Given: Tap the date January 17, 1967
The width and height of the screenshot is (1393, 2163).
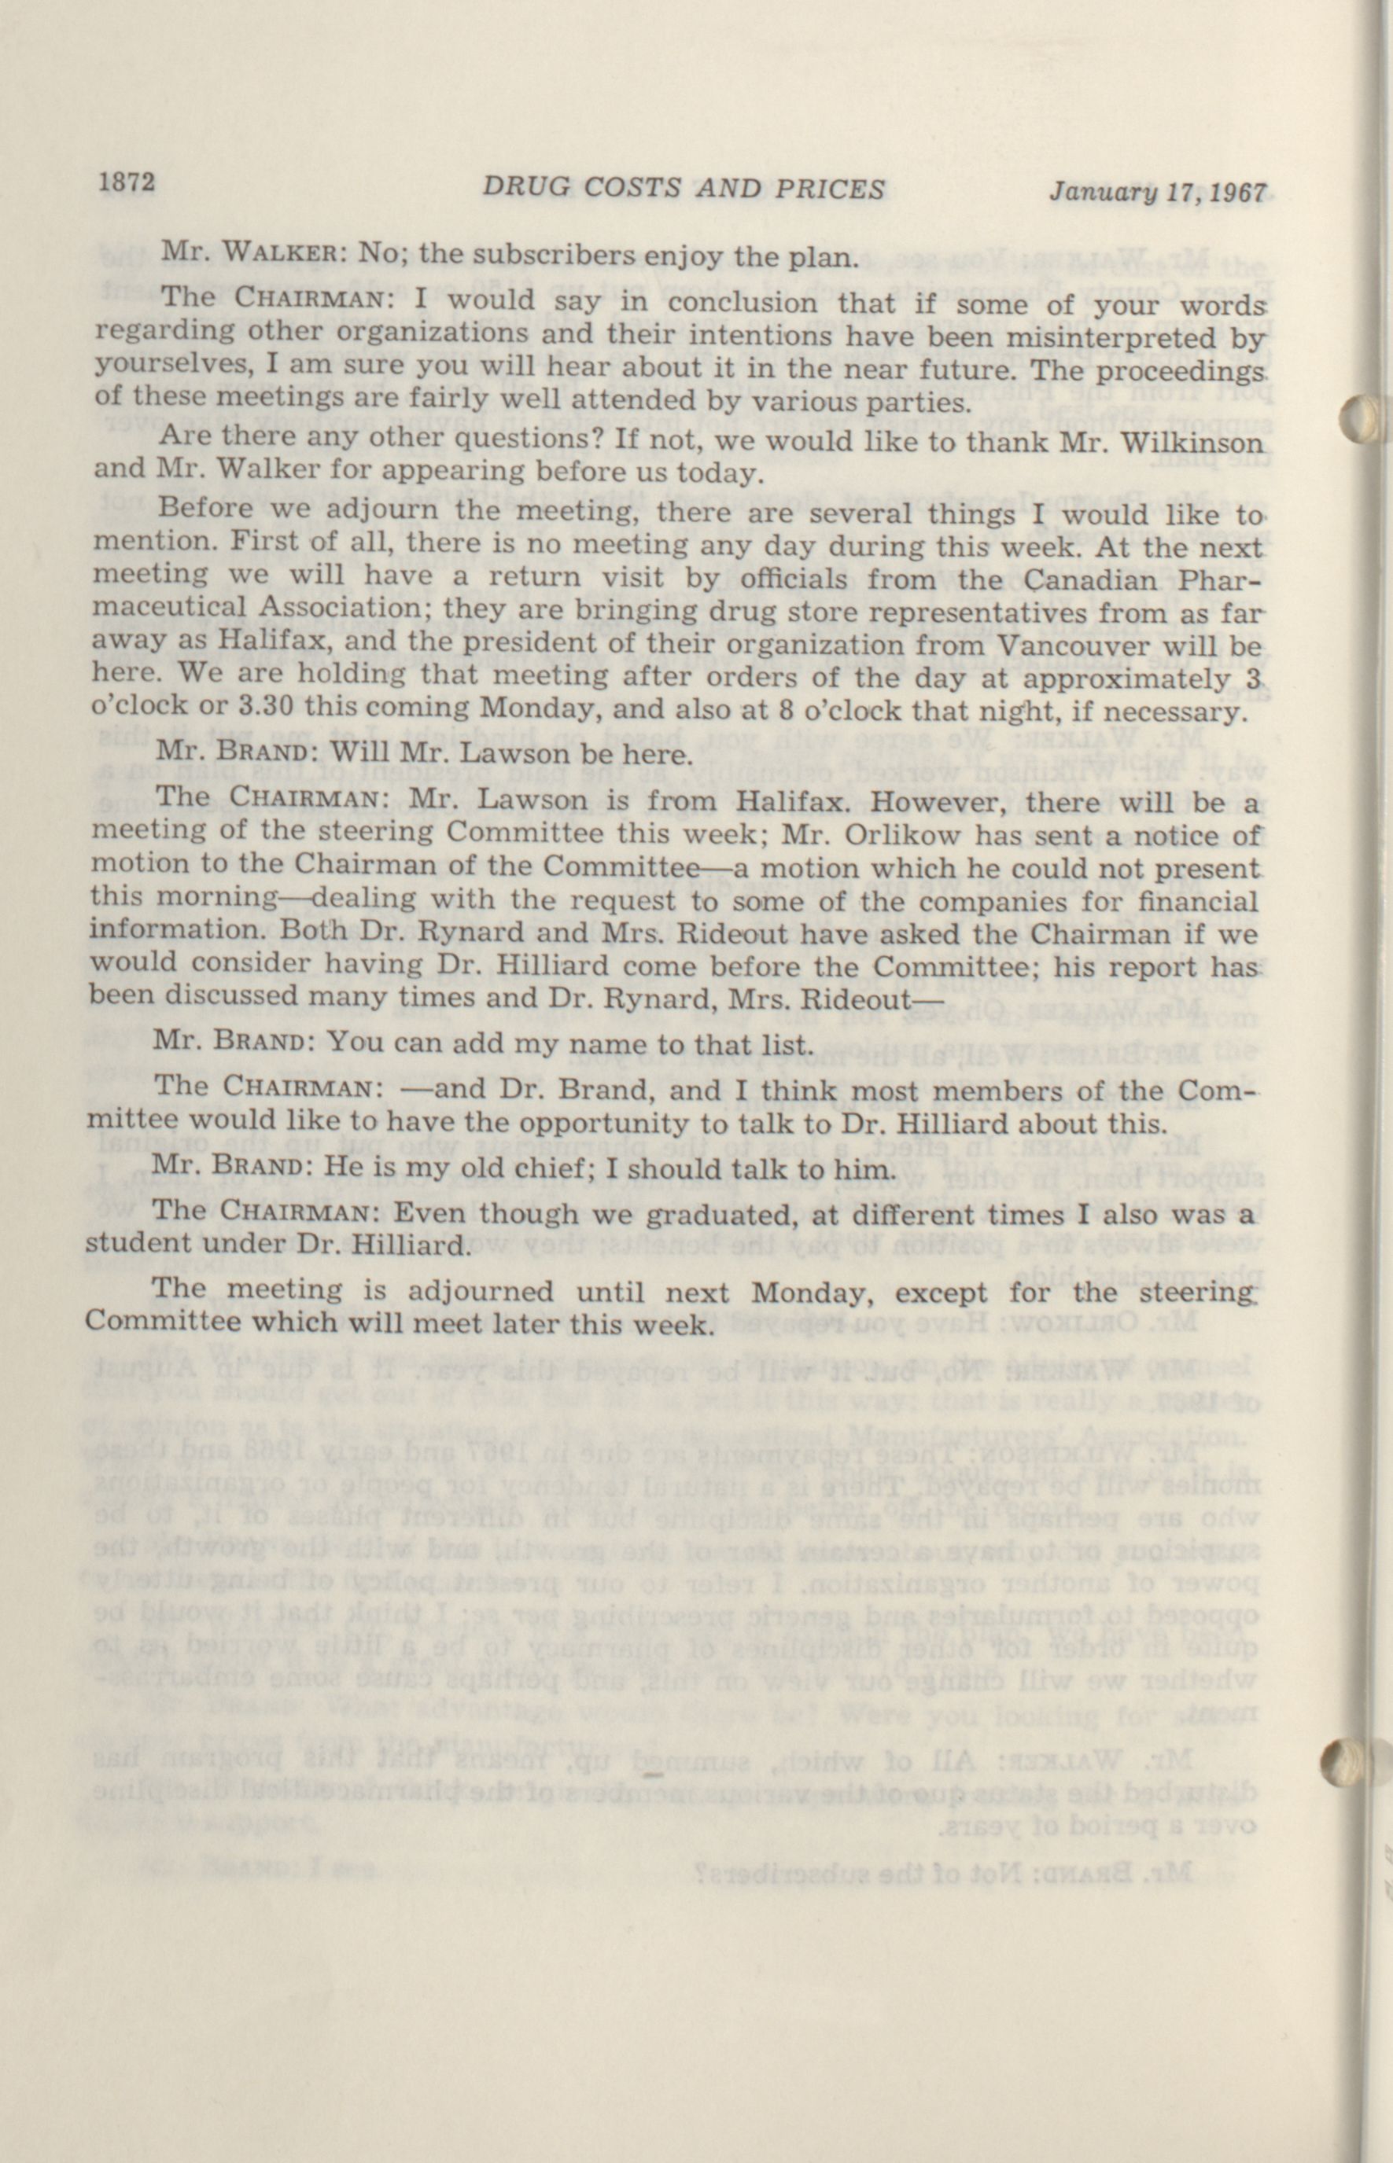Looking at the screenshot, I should tap(1159, 193).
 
